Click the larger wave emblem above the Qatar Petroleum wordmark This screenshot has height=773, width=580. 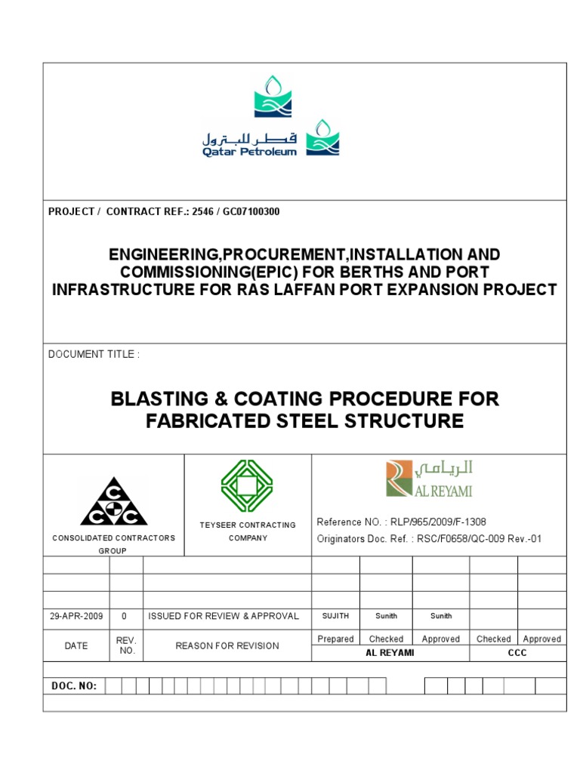273,97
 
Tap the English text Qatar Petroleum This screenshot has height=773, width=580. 248,152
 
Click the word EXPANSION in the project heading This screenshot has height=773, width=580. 455,289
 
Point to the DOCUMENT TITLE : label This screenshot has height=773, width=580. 94,354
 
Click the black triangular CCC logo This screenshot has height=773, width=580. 113,501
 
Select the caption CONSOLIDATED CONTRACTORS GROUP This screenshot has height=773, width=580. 113,544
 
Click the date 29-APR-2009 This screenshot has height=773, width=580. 76,616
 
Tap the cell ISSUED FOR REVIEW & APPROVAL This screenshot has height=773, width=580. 224,616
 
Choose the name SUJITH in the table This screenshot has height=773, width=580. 335,617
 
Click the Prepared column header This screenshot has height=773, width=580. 335,639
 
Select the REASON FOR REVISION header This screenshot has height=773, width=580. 227,645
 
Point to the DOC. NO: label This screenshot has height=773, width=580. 73,685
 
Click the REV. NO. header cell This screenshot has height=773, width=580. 125,645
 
